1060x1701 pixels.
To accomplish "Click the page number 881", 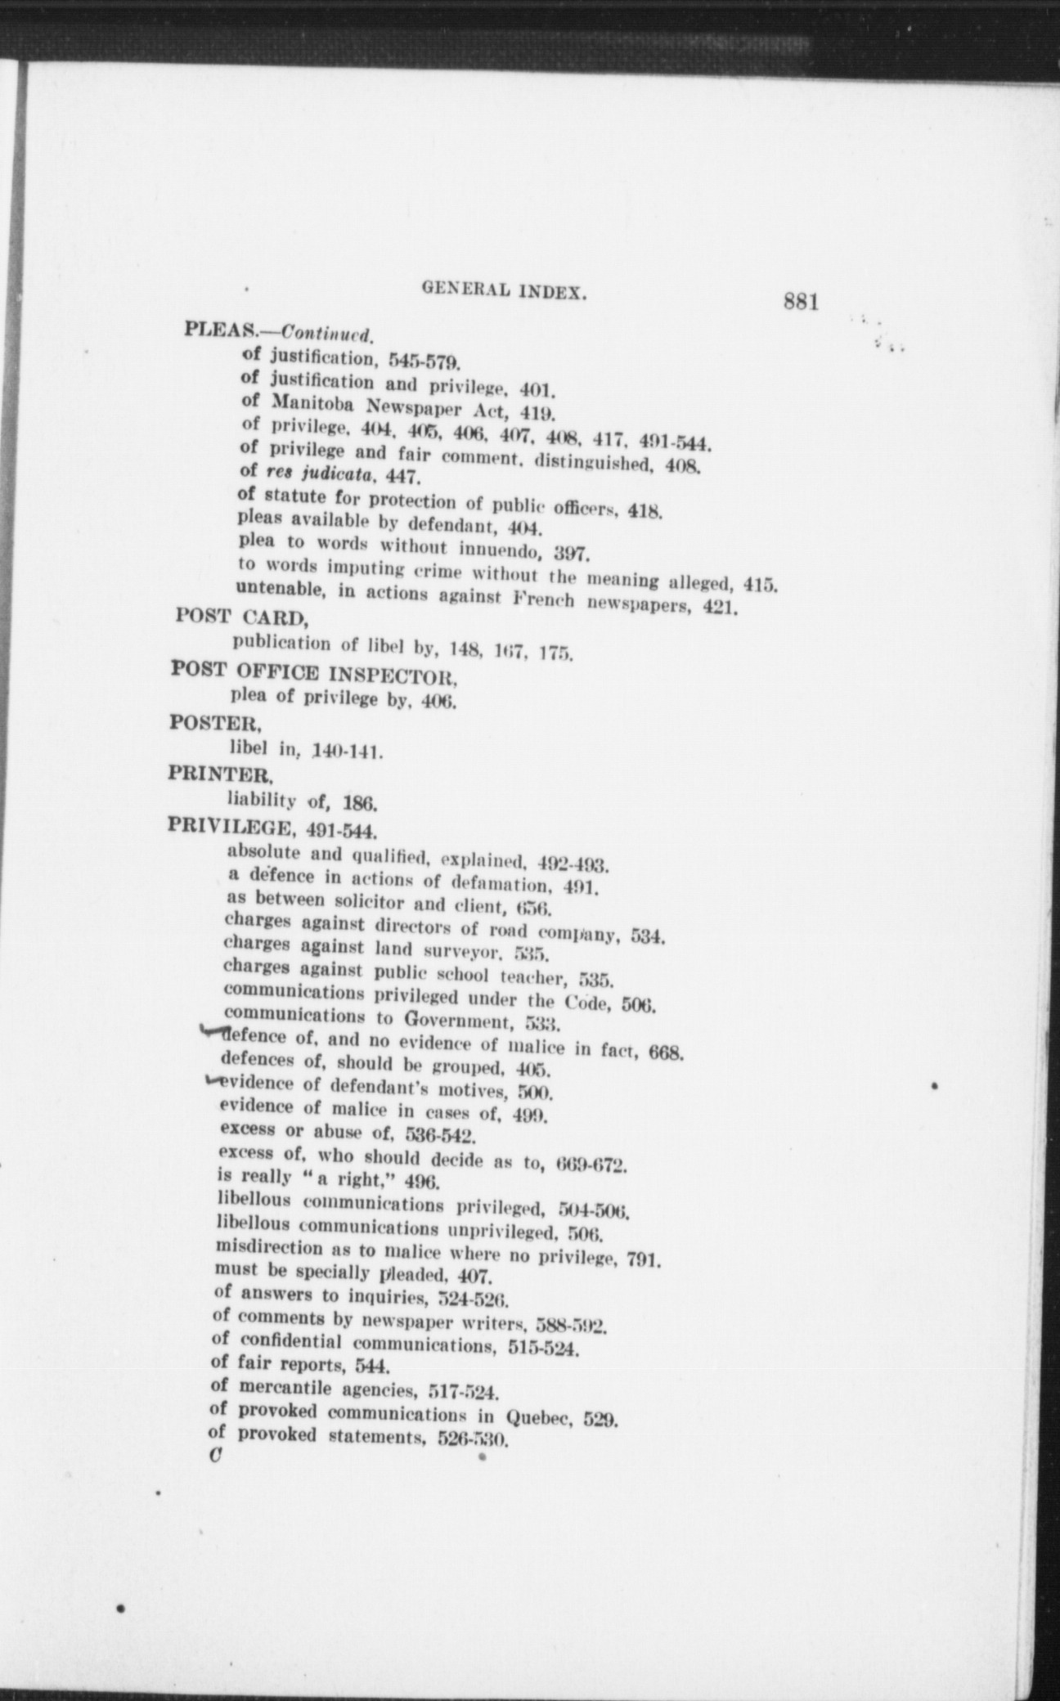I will pos(801,301).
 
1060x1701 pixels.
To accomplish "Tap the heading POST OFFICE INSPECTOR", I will pos(312,673).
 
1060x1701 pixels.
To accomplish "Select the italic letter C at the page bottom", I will pos(216,1456).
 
